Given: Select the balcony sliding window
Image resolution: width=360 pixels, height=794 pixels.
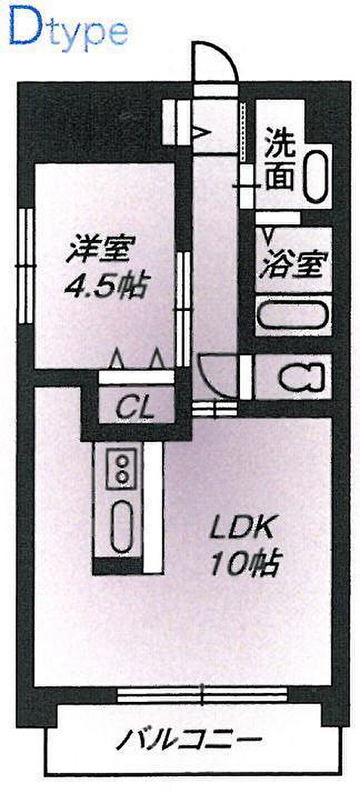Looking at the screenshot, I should coord(202,692).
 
